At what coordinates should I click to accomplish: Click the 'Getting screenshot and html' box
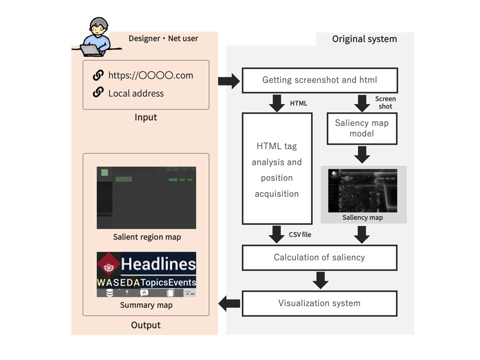319,80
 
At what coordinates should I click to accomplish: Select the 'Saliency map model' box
362,128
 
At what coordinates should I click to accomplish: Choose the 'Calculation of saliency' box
319,257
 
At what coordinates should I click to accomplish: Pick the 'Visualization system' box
319,303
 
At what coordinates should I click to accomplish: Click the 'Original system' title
364,39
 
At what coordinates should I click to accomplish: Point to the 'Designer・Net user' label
163,38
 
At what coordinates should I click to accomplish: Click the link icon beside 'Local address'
98,92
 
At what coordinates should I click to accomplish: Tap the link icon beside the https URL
98,75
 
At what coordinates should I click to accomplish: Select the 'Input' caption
145,117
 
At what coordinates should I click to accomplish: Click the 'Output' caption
145,325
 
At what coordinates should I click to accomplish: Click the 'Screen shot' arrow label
385,102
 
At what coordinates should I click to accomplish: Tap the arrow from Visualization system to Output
230,302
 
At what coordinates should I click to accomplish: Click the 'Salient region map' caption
146,237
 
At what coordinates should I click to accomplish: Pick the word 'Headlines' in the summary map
158,264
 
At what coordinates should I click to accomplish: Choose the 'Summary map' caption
146,305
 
